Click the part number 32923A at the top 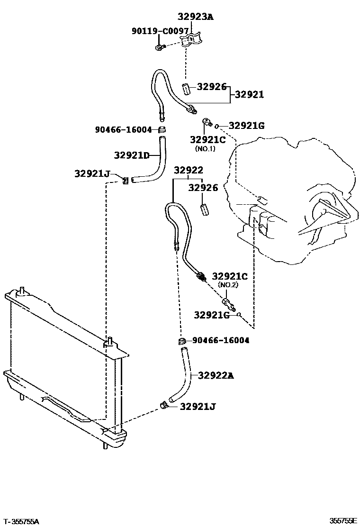[196, 17]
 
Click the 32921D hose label [131, 155]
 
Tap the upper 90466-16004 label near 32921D [123, 129]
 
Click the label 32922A [216, 375]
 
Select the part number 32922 [188, 170]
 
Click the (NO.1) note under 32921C [206, 148]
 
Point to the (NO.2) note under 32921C [228, 285]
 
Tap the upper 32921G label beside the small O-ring [246, 126]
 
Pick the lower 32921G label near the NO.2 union [212, 314]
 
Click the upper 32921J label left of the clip [92, 173]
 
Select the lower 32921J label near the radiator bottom [198, 406]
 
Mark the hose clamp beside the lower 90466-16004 [181, 341]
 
